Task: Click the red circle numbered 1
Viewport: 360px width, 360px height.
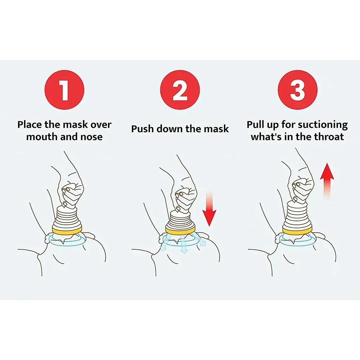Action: [64, 90]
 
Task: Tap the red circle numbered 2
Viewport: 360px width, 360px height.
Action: [180, 90]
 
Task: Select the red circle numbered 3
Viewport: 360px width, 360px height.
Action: [297, 90]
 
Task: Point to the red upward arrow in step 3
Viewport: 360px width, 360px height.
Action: [327, 180]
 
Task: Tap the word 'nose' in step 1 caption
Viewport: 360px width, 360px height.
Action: [90, 137]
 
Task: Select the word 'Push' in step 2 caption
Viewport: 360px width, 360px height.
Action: [143, 129]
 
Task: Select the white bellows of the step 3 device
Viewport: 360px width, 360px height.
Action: [297, 214]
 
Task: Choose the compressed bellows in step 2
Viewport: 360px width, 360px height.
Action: [180, 218]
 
